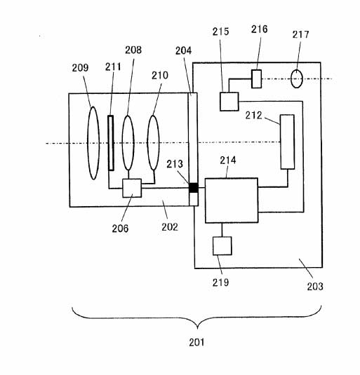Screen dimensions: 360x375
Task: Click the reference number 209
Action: (80, 68)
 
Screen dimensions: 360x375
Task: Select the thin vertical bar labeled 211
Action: (111, 143)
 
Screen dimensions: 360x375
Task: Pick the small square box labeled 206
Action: (132, 188)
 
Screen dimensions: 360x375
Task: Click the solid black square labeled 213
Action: (194, 188)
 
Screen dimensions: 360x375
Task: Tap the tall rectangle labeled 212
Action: (287, 142)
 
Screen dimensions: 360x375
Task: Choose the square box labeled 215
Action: (229, 102)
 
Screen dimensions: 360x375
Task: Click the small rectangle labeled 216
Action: (256, 79)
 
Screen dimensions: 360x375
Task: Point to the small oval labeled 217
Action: (297, 79)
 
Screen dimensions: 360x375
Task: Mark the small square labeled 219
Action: (222, 246)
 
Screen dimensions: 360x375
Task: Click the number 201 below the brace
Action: (196, 343)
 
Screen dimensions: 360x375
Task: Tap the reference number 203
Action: (315, 286)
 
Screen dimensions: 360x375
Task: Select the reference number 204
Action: (184, 50)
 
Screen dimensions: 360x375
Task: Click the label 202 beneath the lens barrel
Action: (170, 227)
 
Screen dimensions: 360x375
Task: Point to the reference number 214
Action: (228, 161)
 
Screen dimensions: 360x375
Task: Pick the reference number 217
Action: (300, 34)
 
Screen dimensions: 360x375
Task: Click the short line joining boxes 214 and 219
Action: (222, 230)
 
